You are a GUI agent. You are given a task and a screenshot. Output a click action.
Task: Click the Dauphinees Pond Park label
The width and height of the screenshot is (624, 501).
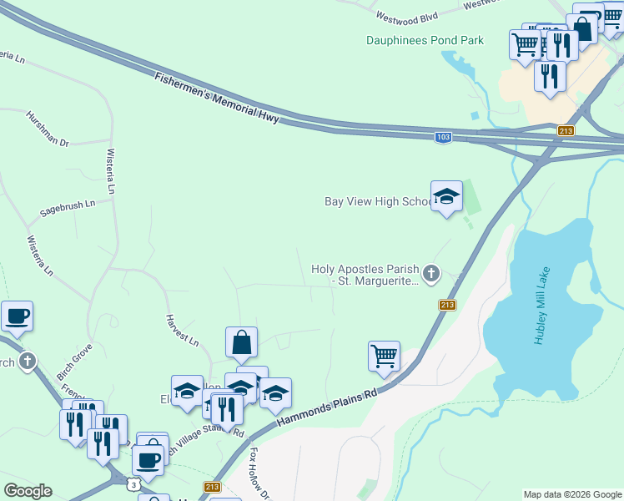(x=425, y=40)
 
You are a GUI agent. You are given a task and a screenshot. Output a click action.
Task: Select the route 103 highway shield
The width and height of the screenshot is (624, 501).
(x=443, y=137)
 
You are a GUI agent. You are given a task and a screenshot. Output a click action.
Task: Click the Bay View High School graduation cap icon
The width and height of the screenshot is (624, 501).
(x=446, y=197)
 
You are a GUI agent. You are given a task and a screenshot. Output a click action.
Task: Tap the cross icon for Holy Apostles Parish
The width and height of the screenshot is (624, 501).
(x=430, y=273)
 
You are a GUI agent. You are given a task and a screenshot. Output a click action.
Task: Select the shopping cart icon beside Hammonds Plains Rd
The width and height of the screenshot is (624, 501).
(x=384, y=355)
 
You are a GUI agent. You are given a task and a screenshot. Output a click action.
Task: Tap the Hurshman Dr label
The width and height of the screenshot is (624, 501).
(x=48, y=129)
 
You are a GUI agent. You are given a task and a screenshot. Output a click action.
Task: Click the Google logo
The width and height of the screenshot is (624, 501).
(x=28, y=491)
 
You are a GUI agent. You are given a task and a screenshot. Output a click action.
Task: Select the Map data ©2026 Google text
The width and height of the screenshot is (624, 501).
(x=572, y=494)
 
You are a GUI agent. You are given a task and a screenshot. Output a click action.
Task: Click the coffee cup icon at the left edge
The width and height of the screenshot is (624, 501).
(x=17, y=316)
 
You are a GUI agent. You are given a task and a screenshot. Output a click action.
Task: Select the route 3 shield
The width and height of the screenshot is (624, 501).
(x=133, y=484)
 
